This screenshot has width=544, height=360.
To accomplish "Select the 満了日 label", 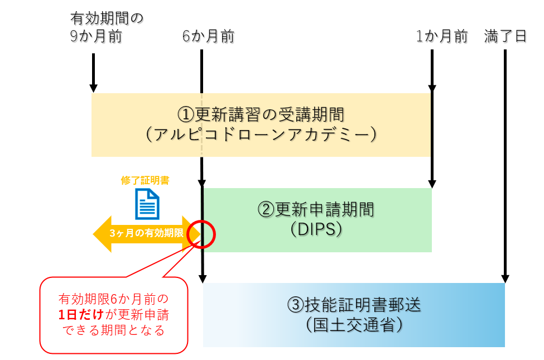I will pyautogui.click(x=506, y=37).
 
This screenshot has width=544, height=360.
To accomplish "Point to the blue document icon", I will pyautogui.click(x=147, y=204).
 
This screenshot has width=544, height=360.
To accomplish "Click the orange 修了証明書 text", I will pyautogui.click(x=146, y=181).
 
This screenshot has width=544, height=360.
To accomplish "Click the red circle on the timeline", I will pyautogui.click(x=201, y=233).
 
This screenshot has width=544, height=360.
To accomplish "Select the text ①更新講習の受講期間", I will pyautogui.click(x=261, y=114).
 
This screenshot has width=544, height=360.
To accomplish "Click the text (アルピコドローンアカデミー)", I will pyautogui.click(x=261, y=135).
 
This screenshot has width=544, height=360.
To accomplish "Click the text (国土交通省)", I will pyautogui.click(x=354, y=324).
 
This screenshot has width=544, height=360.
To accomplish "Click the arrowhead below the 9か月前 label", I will pyautogui.click(x=94, y=88).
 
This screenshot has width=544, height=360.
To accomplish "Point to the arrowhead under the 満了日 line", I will pyautogui.click(x=505, y=279).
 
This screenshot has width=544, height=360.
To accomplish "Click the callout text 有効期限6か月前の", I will pyautogui.click(x=113, y=299).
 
